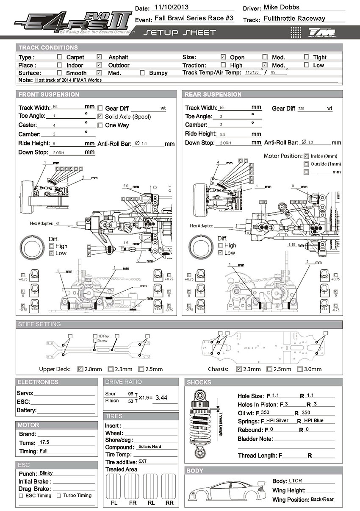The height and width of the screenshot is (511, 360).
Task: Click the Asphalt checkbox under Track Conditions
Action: pyautogui.click(x=99, y=57)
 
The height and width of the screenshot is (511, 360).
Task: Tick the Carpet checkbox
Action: pyautogui.click(x=59, y=57)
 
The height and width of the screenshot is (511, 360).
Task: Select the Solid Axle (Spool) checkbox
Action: pyautogui.click(x=100, y=117)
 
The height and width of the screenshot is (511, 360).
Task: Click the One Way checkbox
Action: pyautogui.click(x=100, y=125)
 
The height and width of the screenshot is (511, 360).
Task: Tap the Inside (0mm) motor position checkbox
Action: pyautogui.click(x=306, y=156)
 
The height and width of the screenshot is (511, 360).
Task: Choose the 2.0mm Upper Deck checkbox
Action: pyautogui.click(x=80, y=369)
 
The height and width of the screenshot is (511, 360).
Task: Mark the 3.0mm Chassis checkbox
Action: pyautogui.click(x=300, y=369)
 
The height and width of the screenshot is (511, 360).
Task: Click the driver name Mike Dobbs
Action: pyautogui.click(x=281, y=7)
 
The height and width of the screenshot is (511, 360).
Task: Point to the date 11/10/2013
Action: pyautogui.click(x=172, y=7)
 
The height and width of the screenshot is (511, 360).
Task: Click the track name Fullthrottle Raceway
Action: pyautogui.click(x=294, y=18)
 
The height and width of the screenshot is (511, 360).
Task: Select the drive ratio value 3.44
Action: pyautogui.click(x=161, y=397)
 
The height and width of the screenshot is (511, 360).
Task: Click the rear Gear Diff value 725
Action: pyautogui.click(x=301, y=108)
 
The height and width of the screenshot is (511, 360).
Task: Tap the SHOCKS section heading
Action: pyautogui.click(x=199, y=382)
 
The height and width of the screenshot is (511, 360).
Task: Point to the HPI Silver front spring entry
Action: pyautogui.click(x=277, y=421)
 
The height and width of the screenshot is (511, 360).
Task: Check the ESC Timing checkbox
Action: pyautogui.click(x=21, y=495)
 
